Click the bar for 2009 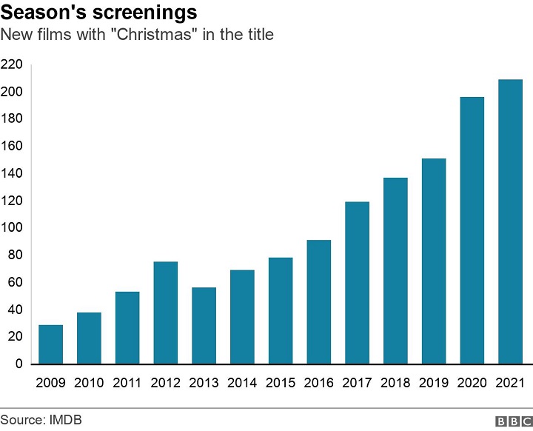pyautogui.click(x=50, y=344)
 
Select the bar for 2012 pyautogui.click(x=165, y=313)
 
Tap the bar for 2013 pyautogui.click(x=204, y=326)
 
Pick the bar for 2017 pyautogui.click(x=357, y=283)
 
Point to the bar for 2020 pyautogui.click(x=472, y=230)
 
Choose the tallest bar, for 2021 pyautogui.click(x=510, y=221)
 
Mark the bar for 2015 pyautogui.click(x=281, y=311)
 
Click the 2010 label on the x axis pyautogui.click(x=89, y=384)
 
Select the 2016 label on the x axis pyautogui.click(x=318, y=384)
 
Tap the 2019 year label pyautogui.click(x=434, y=384)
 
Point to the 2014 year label pyautogui.click(x=242, y=384)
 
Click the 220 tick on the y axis pyautogui.click(x=12, y=64)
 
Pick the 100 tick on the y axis pyautogui.click(x=12, y=228)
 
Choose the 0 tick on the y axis pyautogui.click(x=19, y=364)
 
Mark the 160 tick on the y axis pyautogui.click(x=12, y=146)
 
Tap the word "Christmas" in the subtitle pyautogui.click(x=161, y=34)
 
